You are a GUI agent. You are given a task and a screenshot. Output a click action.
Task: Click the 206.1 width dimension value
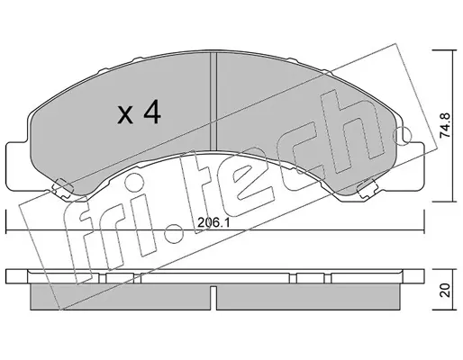tap(213, 222)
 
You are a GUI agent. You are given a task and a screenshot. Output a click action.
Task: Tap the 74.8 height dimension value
tap(445, 125)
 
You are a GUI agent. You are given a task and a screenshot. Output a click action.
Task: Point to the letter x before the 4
tap(125, 116)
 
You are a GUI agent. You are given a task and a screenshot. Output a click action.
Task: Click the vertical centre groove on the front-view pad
tap(213, 102)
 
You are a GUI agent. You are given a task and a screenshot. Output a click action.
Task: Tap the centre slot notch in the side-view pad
tap(213, 298)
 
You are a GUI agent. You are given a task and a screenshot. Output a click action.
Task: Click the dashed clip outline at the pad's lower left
tap(63, 188)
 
